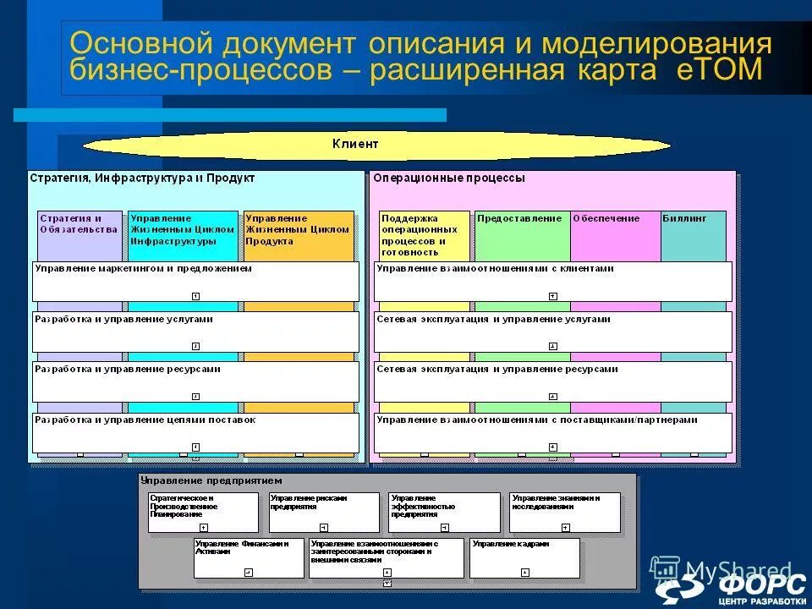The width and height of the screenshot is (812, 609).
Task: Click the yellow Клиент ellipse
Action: (x=376, y=145)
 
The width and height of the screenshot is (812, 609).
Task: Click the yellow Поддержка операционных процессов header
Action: (x=424, y=234)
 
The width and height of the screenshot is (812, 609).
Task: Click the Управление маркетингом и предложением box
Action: (x=195, y=282)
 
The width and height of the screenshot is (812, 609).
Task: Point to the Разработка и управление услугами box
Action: (x=195, y=332)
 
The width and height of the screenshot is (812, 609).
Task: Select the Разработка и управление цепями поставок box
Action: (x=195, y=433)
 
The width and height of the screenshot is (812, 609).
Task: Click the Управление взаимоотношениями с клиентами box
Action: (x=552, y=282)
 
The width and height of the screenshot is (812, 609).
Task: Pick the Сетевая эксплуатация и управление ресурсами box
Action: (x=552, y=382)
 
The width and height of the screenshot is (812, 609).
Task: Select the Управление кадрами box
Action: (x=525, y=558)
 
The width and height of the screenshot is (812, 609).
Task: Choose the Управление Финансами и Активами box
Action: (x=248, y=558)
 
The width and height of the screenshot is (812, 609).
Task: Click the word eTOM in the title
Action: (x=720, y=69)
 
